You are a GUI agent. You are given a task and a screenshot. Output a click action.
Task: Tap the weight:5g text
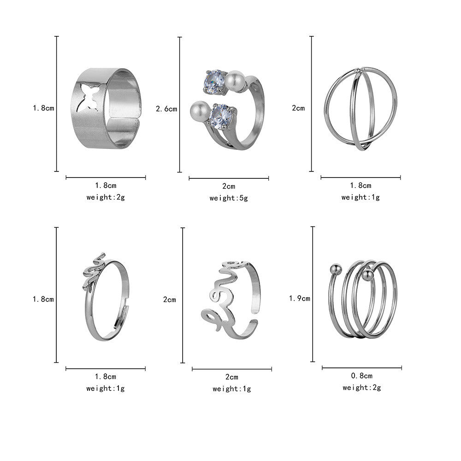tap(229, 198)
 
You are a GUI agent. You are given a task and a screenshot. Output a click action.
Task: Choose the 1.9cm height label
tap(299, 298)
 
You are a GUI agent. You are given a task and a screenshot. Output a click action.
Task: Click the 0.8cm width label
tap(362, 376)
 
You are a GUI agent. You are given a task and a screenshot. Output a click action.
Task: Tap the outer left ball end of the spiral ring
tap(336, 268)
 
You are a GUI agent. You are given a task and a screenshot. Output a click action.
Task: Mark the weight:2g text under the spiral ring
tap(362, 388)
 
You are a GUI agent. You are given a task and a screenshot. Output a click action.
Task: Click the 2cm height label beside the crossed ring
tap(299, 108)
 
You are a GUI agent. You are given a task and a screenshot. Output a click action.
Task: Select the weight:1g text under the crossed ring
tap(361, 197)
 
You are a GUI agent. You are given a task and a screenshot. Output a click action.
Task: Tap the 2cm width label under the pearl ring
tap(229, 186)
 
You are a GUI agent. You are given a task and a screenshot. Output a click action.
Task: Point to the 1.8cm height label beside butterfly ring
tap(43, 108)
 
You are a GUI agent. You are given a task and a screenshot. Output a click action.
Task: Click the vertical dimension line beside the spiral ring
tap(313, 294)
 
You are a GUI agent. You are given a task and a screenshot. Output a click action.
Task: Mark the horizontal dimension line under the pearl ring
tap(229, 178)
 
